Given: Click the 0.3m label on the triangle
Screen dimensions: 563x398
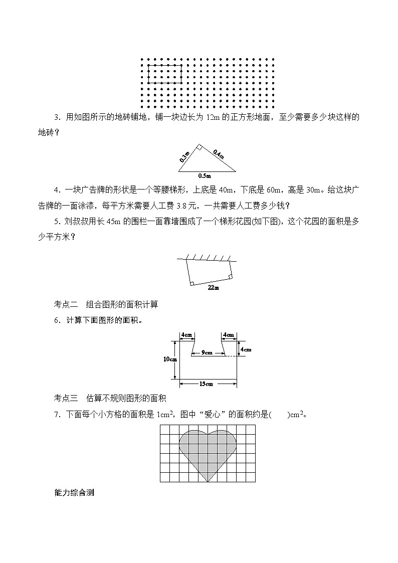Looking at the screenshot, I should pos(184,156).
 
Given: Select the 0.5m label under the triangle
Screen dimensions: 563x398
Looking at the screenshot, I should pos(204,176).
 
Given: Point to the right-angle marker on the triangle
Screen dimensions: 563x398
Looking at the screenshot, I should pos(198,147).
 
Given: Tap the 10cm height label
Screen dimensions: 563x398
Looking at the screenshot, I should pos(170,359).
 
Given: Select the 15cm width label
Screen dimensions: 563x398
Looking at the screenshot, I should pos(206,384).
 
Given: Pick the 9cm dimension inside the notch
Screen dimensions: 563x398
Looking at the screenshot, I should pos(207,352).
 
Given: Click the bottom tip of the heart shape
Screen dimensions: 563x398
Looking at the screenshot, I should pos(208,482).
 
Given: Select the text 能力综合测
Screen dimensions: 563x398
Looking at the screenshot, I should pos(74,492).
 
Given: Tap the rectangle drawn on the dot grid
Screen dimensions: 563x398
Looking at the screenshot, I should pos(165,74).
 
